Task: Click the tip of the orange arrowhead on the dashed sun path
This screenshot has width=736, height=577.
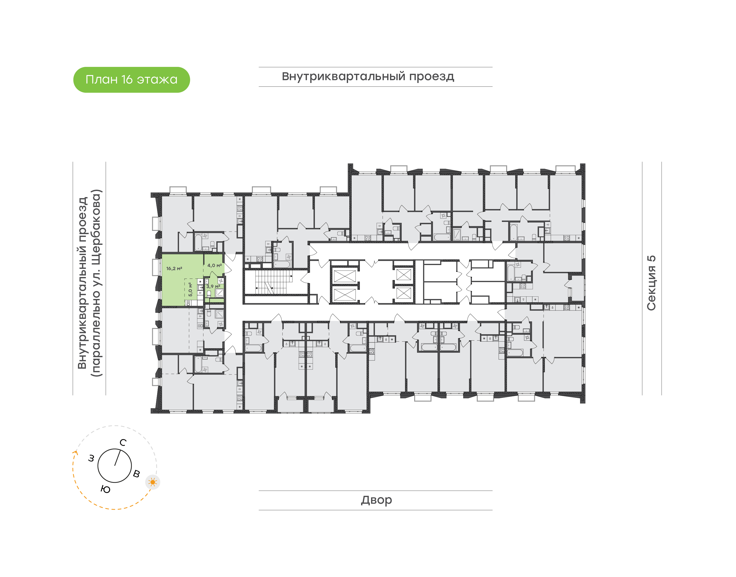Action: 76,450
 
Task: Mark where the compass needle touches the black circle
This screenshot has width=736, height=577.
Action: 120,449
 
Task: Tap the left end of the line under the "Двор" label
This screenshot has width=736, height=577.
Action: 259,510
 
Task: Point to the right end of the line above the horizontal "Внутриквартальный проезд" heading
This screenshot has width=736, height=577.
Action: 492,67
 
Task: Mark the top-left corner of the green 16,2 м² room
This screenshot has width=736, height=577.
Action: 162,254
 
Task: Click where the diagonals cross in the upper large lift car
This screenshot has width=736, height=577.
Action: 344,276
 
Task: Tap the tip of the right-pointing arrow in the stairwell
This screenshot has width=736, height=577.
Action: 292,276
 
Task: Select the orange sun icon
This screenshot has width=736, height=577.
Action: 153,482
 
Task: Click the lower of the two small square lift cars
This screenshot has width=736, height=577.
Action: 404,293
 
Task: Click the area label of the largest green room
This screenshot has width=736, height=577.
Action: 174,269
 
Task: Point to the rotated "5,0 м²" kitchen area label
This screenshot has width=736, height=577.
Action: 190,290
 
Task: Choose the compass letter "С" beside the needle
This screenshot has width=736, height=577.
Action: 123,442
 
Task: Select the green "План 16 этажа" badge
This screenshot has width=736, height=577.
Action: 132,80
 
